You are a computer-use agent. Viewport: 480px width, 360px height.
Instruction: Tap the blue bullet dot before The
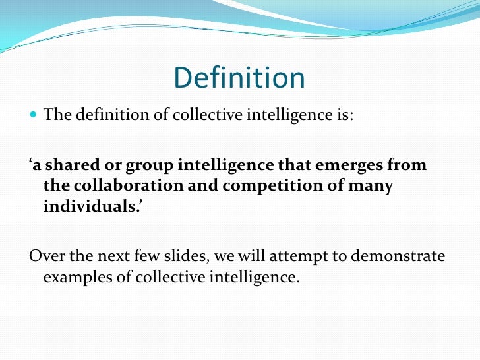[34, 116]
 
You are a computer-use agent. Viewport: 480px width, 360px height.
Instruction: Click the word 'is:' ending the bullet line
[344, 116]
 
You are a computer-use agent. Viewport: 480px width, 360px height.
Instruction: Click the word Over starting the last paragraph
[45, 256]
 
